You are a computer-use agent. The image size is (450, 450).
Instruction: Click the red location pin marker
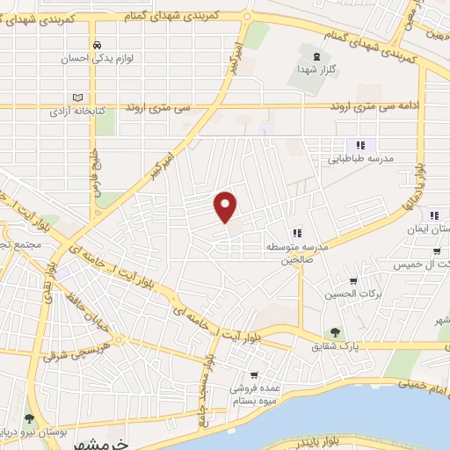click(x=227, y=206)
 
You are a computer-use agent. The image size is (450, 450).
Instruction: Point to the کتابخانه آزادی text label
click(x=76, y=112)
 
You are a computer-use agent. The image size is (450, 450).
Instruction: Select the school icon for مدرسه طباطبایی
click(x=359, y=145)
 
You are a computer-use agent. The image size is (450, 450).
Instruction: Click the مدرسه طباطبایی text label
click(x=359, y=159)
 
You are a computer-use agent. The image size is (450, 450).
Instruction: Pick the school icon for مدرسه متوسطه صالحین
click(x=299, y=233)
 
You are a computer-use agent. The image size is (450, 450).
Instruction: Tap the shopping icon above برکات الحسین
click(x=353, y=281)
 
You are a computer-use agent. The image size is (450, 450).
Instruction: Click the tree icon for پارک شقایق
click(x=333, y=331)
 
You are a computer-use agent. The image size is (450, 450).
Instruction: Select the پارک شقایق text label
click(x=330, y=345)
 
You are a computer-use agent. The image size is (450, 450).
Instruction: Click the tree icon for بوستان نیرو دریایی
click(x=31, y=418)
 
